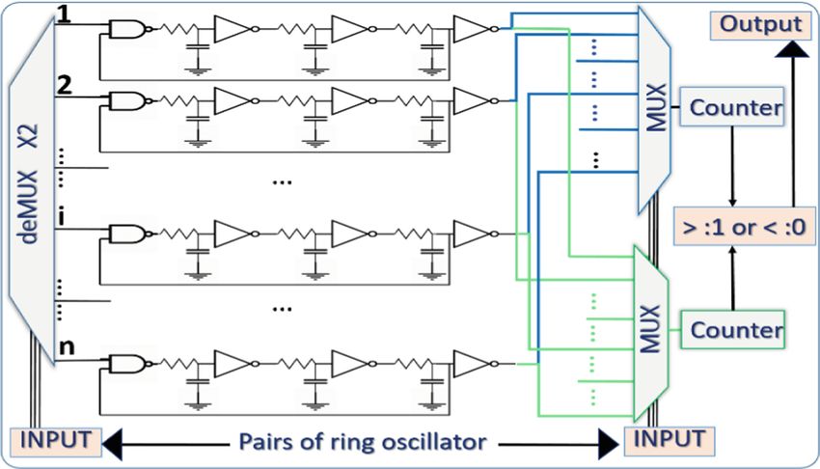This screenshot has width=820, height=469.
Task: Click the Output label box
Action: [761, 24]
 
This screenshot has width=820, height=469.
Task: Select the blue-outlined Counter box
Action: [732, 107]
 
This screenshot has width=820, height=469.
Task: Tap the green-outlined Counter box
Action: [732, 330]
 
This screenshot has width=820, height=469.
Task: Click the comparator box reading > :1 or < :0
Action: [744, 227]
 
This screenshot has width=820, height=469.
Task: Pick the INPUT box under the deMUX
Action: [55, 442]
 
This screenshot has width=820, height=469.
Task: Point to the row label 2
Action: [65, 85]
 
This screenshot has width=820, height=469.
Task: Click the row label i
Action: [62, 216]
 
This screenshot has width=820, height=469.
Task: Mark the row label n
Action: [67, 346]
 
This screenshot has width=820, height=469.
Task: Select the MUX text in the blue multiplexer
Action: [656, 107]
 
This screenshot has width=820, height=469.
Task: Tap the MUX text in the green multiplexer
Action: [650, 330]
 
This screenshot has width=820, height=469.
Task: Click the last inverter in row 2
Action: [474, 101]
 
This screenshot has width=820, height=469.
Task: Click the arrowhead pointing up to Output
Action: [793, 48]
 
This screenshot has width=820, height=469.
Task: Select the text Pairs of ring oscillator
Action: [363, 442]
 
